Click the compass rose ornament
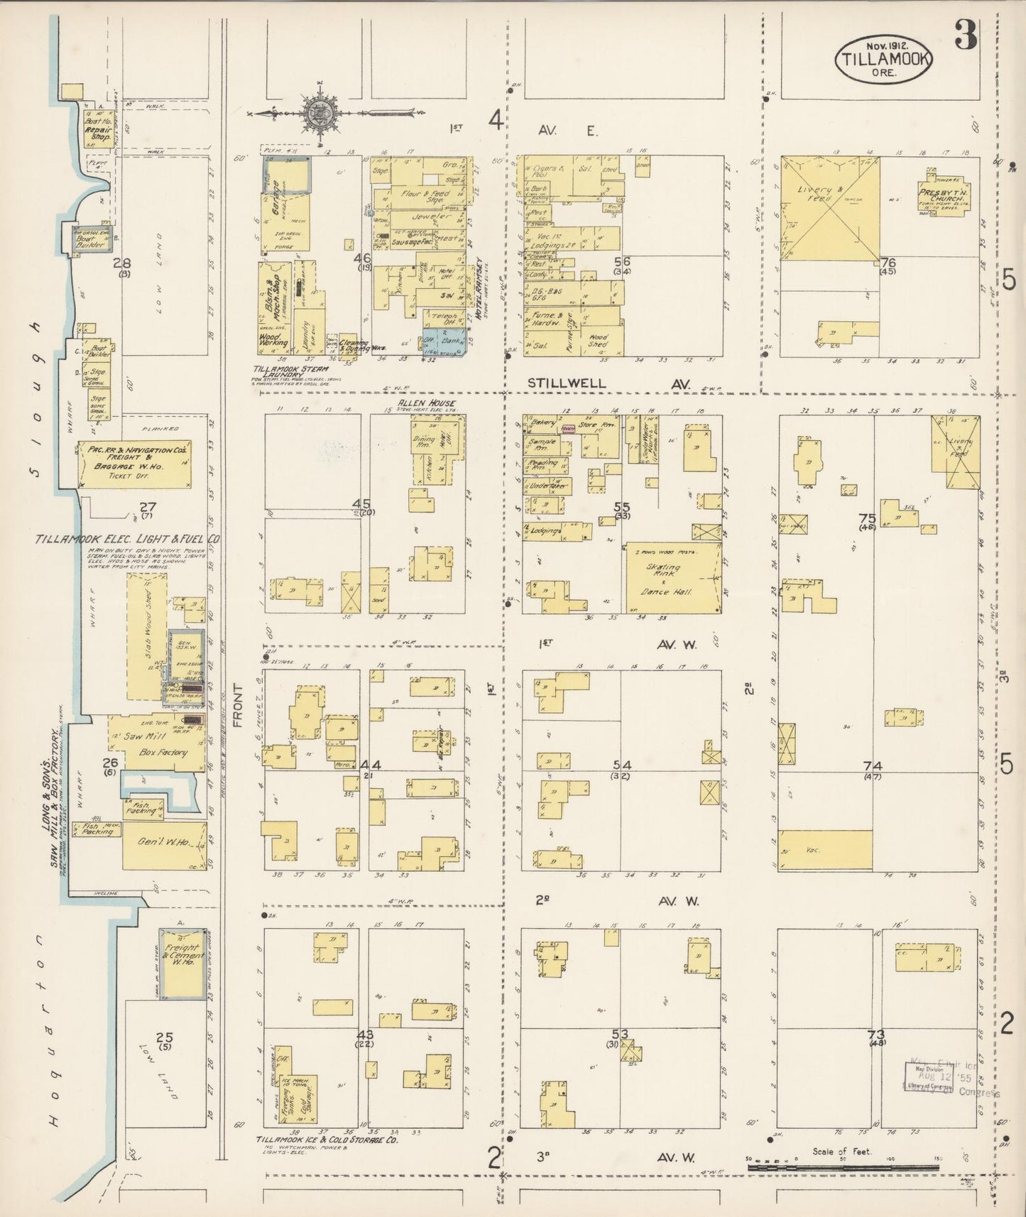point(315,111)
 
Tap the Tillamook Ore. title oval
point(883,59)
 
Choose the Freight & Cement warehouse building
point(182,962)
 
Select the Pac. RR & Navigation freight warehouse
point(134,464)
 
